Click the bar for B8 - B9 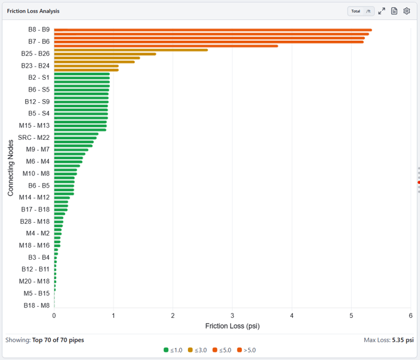pos(213,30)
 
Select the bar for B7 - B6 pos(209,42)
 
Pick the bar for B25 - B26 pos(105,54)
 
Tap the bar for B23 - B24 pos(87,66)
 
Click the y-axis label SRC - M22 pos(34,137)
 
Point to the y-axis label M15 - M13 pos(34,125)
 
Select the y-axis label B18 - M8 pos(37,305)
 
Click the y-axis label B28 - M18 pos(35,221)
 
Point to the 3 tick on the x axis pos(232,315)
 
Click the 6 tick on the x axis pos(411,315)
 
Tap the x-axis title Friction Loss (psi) pos(233,326)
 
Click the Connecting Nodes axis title pos(11,168)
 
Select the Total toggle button pos(355,11)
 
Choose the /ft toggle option pos(369,11)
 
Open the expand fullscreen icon pos(382,11)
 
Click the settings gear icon pos(407,11)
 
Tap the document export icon pos(394,11)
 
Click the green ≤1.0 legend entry pos(173,350)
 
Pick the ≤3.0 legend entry pos(197,350)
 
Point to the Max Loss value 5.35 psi pos(403,340)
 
